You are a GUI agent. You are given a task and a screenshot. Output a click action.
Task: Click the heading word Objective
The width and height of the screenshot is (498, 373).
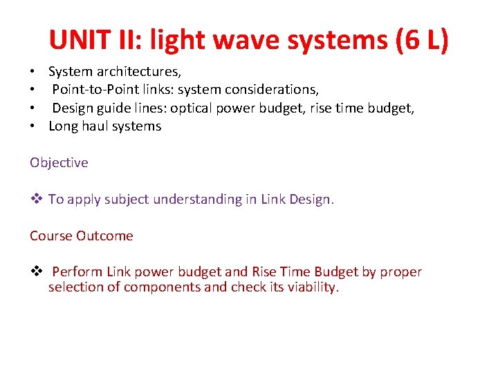pyautogui.click(x=59, y=163)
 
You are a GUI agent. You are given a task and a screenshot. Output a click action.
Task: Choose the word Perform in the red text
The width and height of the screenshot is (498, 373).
pyautogui.click(x=77, y=272)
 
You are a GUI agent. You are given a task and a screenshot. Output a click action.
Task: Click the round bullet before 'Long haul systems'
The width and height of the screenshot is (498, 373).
pyautogui.click(x=33, y=126)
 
